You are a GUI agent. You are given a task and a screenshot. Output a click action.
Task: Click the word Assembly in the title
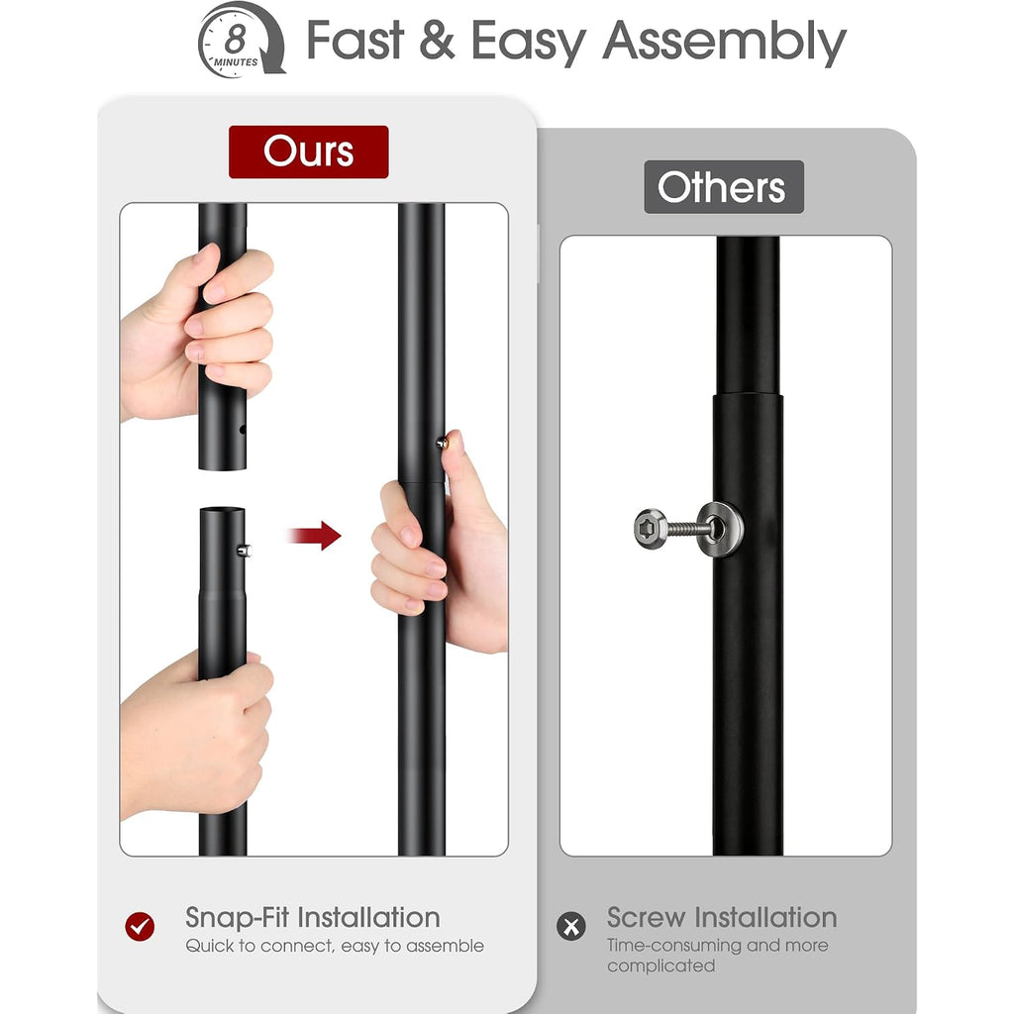tap(724, 42)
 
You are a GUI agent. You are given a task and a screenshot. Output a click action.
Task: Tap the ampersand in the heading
tap(437, 40)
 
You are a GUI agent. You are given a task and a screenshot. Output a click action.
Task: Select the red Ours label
tap(309, 152)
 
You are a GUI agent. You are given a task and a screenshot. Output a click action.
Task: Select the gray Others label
tap(724, 187)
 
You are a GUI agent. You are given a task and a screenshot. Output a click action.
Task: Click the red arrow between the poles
tap(315, 536)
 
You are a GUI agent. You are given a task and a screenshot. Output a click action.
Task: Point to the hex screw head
tap(650, 529)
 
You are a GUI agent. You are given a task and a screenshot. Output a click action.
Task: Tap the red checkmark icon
tap(140, 927)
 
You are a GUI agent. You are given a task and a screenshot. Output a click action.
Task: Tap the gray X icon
tap(571, 926)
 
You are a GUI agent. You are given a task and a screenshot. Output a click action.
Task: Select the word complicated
tap(660, 965)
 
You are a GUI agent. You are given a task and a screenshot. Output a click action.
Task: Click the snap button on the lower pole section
tap(244, 551)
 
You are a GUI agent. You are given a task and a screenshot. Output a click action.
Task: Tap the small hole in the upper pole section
tap(243, 430)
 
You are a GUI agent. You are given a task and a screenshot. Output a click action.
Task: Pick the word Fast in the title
tap(355, 40)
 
